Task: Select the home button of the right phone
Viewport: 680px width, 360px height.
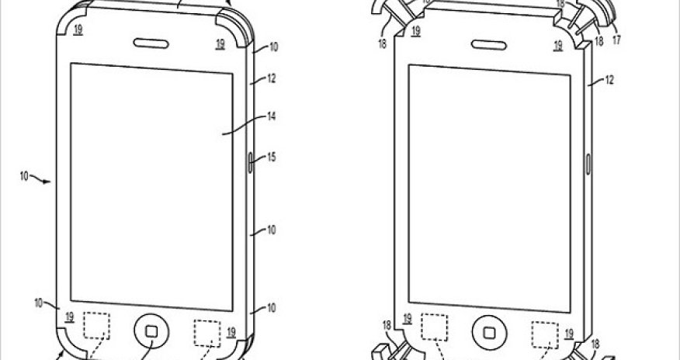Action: click(489, 331)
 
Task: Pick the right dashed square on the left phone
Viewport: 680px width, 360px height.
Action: click(207, 332)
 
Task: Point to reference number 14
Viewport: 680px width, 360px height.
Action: click(272, 118)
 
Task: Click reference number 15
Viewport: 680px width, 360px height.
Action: click(272, 157)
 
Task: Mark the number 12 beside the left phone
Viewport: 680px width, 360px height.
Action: click(272, 78)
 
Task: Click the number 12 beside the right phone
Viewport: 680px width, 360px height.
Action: click(610, 80)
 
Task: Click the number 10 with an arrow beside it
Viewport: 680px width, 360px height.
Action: click(25, 178)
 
